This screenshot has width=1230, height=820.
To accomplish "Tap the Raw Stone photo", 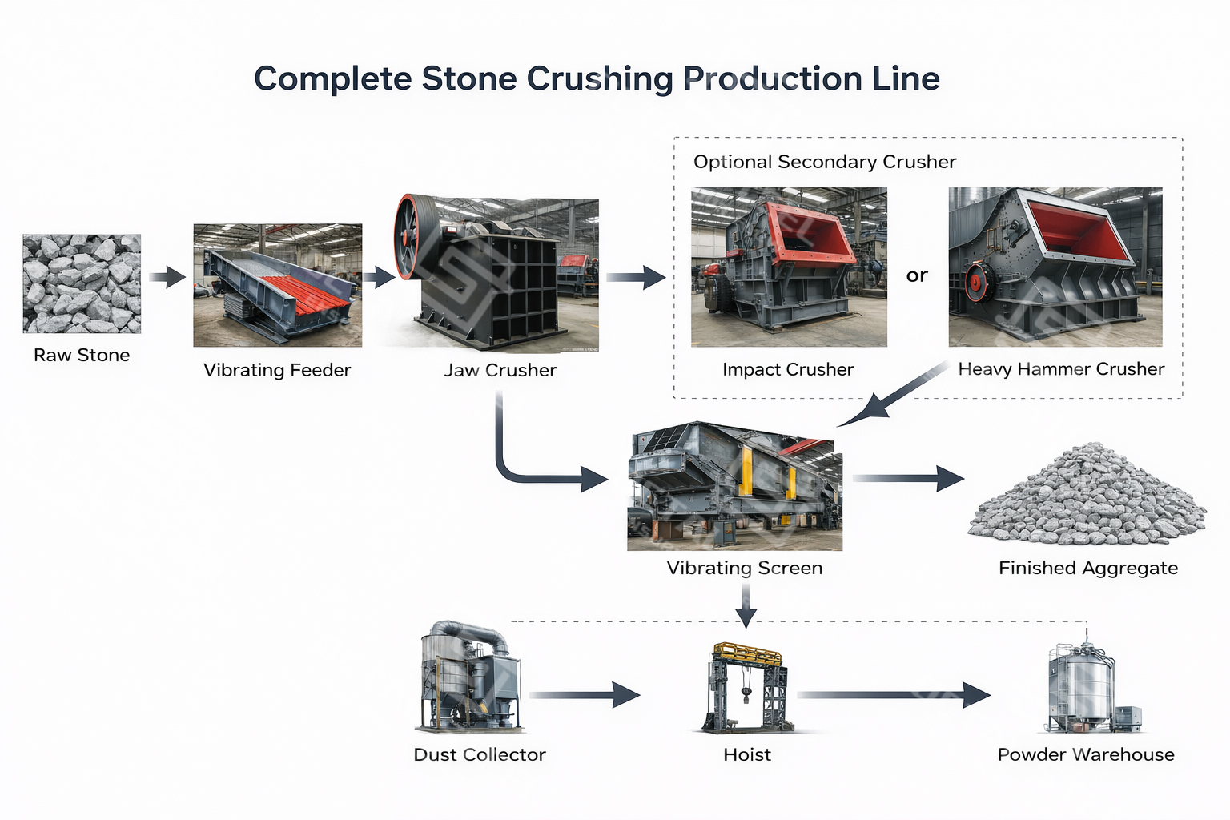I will pyautogui.click(x=82, y=283).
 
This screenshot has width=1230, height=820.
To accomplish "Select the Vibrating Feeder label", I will pyautogui.click(x=277, y=370).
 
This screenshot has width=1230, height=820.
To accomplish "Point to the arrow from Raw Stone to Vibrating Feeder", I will pyautogui.click(x=167, y=278).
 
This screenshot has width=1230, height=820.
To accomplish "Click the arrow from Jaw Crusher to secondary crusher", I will pyautogui.click(x=636, y=278).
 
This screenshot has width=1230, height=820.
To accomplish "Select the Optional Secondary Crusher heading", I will pyautogui.click(x=825, y=162).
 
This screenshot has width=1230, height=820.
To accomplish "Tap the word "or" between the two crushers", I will pyautogui.click(x=917, y=275).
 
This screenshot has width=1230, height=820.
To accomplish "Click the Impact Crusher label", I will pyautogui.click(x=788, y=369).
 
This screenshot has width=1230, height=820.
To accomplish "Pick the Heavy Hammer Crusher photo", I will pyautogui.click(x=1055, y=267).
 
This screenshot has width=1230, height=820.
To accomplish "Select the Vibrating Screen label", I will pyautogui.click(x=745, y=568).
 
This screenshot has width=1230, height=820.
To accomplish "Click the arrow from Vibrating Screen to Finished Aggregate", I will pyautogui.click(x=908, y=478).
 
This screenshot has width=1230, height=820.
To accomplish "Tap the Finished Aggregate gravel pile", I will pyautogui.click(x=1087, y=496).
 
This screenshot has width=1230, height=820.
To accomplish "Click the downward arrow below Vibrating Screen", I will pyautogui.click(x=746, y=606).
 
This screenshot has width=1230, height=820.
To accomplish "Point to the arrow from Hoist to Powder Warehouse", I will pyautogui.click(x=893, y=695).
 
